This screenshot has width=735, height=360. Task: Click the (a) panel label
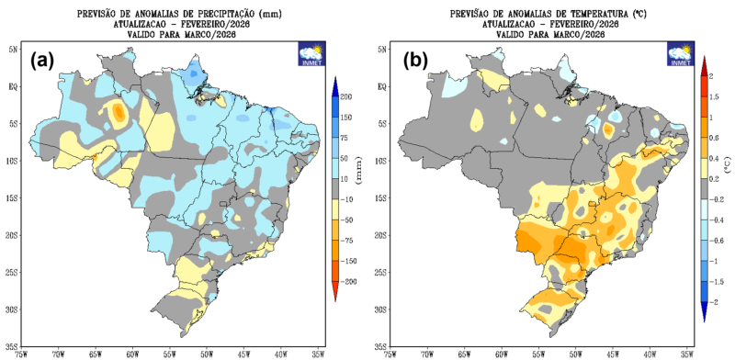[x=44, y=62]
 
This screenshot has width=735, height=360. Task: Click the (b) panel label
[x=415, y=62]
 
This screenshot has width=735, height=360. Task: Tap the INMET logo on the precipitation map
[x=311, y=54]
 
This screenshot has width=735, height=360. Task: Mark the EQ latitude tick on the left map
[x=15, y=85]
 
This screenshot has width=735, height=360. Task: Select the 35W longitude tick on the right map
[x=686, y=352]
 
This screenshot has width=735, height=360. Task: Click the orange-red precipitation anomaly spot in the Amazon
[x=119, y=113]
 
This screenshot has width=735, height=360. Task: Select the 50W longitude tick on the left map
[x=206, y=352]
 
